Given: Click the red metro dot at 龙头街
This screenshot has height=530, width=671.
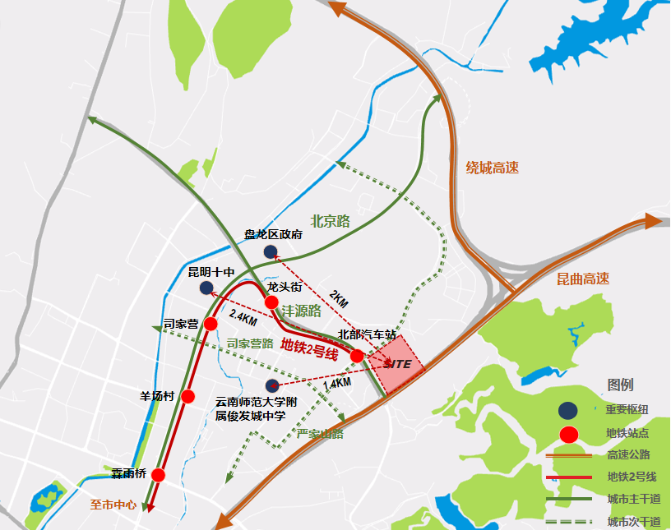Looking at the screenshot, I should coord(271,302).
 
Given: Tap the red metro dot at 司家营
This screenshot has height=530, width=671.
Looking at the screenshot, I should coord(210,323).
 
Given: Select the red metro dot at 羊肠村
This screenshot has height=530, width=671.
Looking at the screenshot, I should coord(187,396).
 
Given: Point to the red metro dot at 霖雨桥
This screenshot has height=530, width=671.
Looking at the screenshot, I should coord(159,474).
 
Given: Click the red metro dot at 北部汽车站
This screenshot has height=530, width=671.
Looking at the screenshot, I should coord(358,355).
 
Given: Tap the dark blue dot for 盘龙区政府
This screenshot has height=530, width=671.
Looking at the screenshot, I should coord(271,251).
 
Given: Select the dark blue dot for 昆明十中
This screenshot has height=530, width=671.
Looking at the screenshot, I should coord(206,288).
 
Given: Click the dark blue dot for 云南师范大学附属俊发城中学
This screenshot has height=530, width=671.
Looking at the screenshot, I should coord(271,385).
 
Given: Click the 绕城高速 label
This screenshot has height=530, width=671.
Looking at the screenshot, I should coord(493,168).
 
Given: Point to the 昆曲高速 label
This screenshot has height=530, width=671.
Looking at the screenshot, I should coord(582,279).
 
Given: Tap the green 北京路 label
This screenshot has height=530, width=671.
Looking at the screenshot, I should coord(331,221).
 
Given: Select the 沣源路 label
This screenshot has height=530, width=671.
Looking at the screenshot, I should coord(301,312).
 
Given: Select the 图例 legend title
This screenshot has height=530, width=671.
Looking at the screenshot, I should coord(620,385).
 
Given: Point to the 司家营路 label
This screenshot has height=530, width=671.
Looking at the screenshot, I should coord(250,343).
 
